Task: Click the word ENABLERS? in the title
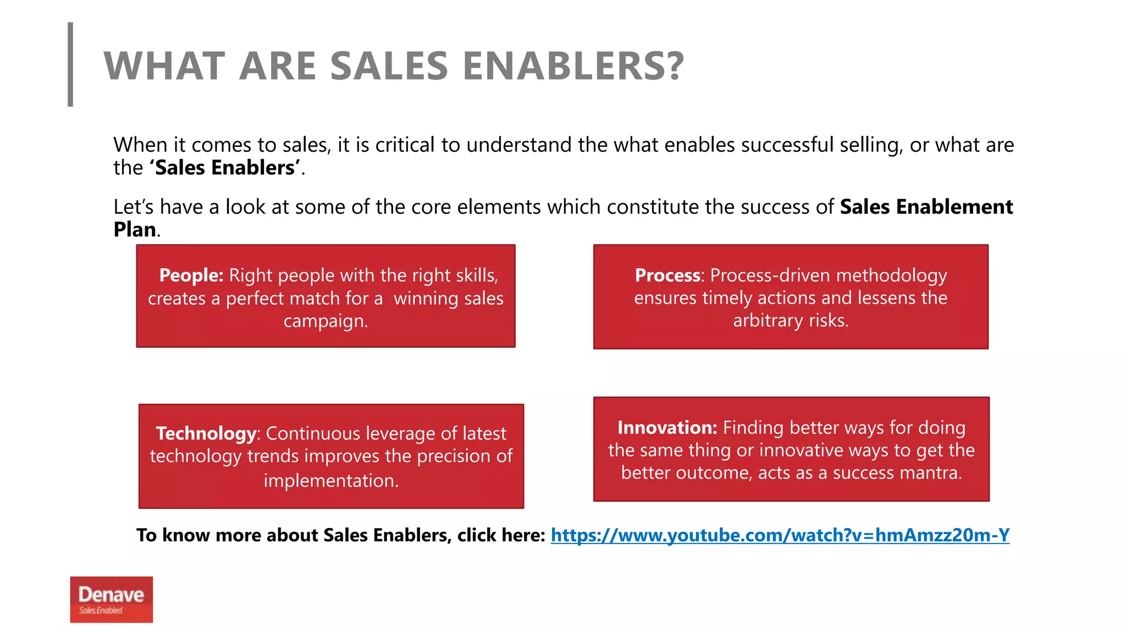(x=573, y=66)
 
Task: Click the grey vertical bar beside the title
(x=70, y=64)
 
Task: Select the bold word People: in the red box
(x=191, y=275)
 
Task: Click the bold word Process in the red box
(x=667, y=275)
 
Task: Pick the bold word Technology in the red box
(x=206, y=434)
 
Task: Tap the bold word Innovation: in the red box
(x=667, y=427)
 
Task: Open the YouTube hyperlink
(x=780, y=535)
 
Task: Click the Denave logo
(x=111, y=599)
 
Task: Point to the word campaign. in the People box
(x=325, y=321)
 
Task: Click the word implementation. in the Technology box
(x=331, y=481)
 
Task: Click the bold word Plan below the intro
(x=135, y=230)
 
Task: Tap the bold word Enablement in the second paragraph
(x=954, y=207)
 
